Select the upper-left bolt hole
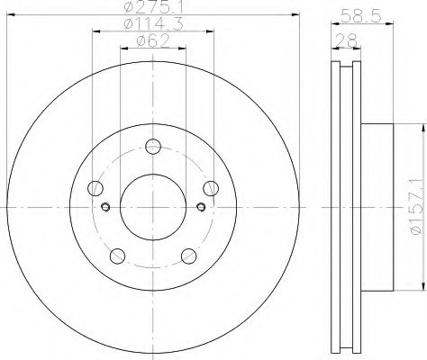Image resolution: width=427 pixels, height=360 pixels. pyautogui.click(x=95, y=188)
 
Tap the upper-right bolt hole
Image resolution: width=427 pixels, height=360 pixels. pyautogui.click(x=211, y=188)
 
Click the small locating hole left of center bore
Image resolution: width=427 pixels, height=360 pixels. pyautogui.click(x=106, y=208)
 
